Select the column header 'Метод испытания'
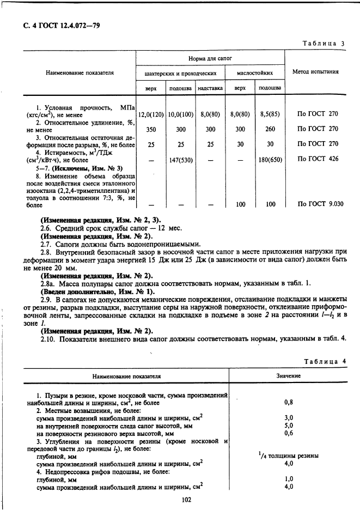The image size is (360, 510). point(315,72)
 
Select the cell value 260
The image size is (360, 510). point(270,130)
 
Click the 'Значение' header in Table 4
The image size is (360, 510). point(289,376)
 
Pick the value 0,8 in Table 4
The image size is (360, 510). point(289,403)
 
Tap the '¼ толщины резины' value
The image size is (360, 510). point(288,456)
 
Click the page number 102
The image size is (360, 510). point(180,498)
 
